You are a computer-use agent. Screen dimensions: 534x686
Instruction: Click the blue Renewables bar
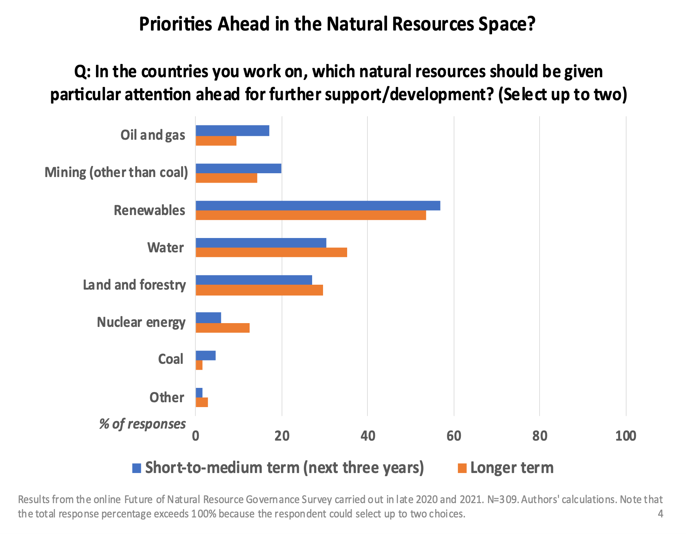pos(318,206)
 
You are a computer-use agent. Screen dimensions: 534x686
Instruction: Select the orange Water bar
pos(271,252)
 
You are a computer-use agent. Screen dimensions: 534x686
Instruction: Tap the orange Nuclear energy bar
pos(223,328)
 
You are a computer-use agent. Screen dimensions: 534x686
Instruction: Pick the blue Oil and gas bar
pos(232,131)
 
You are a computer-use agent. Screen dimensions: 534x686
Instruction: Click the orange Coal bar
pos(199,365)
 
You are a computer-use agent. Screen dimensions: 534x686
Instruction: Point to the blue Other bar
pos(199,393)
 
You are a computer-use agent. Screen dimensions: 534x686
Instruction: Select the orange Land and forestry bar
pos(259,290)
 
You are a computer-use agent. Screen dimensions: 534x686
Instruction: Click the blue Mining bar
pos(238,168)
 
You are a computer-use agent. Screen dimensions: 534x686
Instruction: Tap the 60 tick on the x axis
pos(454,436)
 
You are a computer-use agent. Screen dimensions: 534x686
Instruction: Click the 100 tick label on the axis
pos(625,436)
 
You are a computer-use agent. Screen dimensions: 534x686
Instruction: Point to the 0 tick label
pos(195,436)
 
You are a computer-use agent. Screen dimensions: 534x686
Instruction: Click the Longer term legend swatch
pos(462,468)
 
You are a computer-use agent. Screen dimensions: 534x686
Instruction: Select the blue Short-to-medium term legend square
pos(137,468)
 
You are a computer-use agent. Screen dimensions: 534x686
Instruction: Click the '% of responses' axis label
pos(142,424)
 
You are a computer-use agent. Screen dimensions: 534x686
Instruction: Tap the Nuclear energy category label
pos(141,322)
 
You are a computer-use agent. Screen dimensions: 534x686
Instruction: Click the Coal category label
pos(171,359)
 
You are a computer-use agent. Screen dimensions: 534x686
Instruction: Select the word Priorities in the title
pos(176,24)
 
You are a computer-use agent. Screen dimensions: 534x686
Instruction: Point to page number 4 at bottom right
pos(660,514)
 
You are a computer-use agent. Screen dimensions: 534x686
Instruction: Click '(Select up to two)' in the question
pos(563,95)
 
